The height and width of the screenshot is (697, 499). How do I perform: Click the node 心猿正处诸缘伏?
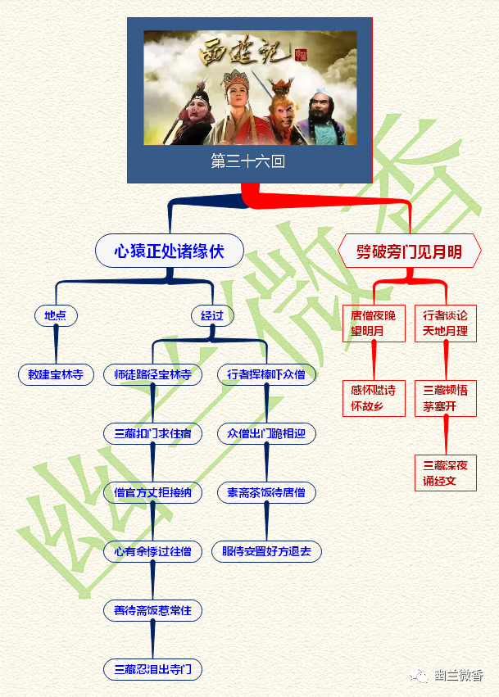170,251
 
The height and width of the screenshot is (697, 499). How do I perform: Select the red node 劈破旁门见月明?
409,251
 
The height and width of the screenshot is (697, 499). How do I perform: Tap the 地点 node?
56,315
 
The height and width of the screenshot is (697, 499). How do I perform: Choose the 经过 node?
212,315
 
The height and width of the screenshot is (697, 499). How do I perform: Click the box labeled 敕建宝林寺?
56,374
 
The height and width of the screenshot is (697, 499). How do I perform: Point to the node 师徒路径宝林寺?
153,374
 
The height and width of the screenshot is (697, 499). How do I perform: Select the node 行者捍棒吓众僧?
266,374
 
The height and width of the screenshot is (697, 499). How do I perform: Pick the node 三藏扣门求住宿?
153,433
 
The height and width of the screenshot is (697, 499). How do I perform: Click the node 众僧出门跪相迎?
266,433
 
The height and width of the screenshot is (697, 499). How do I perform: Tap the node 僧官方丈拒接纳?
153,492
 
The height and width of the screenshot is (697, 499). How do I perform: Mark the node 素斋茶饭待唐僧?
266,492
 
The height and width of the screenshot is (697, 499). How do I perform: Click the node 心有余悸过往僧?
153,551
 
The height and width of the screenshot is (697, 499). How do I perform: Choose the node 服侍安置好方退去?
266,551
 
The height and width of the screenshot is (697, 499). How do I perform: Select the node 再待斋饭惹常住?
153,610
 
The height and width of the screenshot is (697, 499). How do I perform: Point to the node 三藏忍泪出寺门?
153,669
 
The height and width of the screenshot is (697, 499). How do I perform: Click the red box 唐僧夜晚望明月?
374,324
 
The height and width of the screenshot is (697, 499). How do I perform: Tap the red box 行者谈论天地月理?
446,324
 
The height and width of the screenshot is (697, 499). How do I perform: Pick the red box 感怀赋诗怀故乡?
374,398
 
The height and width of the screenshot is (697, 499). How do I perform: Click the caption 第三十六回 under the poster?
248,161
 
